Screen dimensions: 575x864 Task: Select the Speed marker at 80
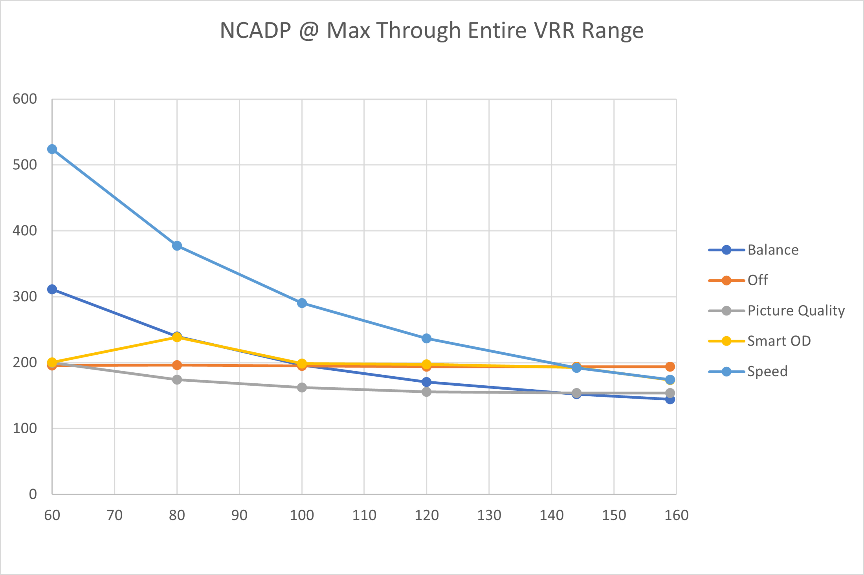(177, 246)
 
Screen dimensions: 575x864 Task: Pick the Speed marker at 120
(426, 338)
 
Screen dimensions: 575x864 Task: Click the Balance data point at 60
(52, 289)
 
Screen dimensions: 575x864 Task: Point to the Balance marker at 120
(426, 382)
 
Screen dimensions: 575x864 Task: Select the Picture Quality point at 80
(177, 380)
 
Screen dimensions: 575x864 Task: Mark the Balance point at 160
(670, 399)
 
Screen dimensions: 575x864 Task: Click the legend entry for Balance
(773, 250)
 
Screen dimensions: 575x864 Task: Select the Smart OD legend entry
(778, 341)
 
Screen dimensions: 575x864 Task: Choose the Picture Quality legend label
(796, 311)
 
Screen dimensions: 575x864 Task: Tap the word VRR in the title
(554, 30)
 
